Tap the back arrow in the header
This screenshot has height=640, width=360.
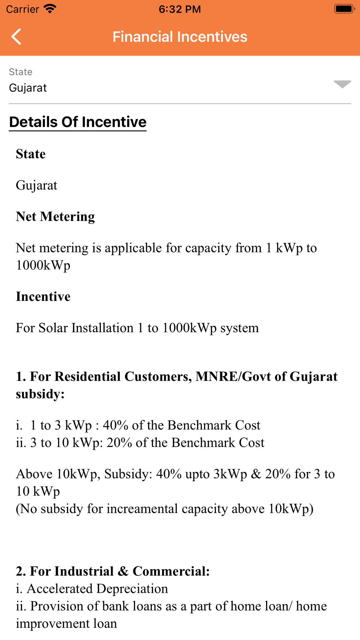pyautogui.click(x=17, y=37)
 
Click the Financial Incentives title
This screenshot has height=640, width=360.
pyautogui.click(x=180, y=37)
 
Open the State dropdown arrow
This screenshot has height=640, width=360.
pyautogui.click(x=342, y=84)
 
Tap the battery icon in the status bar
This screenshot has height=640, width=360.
pyautogui.click(x=344, y=9)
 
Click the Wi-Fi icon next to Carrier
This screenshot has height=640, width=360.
pyautogui.click(x=50, y=9)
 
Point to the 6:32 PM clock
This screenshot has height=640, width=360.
pyautogui.click(x=180, y=9)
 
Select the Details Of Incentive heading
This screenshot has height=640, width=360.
pyautogui.click(x=78, y=122)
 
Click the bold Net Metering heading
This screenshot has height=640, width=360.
pyautogui.click(x=55, y=216)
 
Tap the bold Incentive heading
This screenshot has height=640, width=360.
pyautogui.click(x=43, y=296)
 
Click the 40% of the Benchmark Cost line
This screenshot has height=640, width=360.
pyautogui.click(x=138, y=425)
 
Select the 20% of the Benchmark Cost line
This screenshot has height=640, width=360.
pyautogui.click(x=140, y=442)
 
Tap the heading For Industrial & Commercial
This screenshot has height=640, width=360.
pyautogui.click(x=113, y=571)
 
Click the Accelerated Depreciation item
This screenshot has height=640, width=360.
pyautogui.click(x=92, y=589)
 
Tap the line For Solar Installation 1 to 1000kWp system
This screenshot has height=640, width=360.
pyautogui.click(x=137, y=328)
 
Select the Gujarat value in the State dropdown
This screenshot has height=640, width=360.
pyautogui.click(x=28, y=88)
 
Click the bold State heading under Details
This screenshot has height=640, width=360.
pyautogui.click(x=31, y=154)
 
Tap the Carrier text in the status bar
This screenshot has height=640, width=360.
pyautogui.click(x=22, y=9)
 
